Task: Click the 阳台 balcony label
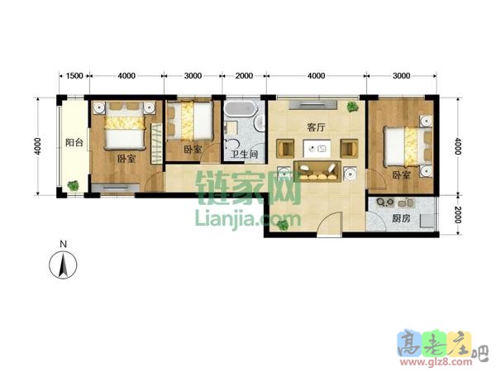[x=74, y=142]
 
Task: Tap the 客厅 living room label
[x=316, y=127]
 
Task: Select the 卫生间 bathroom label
[x=244, y=154]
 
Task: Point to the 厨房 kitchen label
[x=401, y=218]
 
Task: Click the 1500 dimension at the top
[x=74, y=75]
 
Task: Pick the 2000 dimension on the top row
[x=244, y=75]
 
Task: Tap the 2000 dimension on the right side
[x=457, y=214]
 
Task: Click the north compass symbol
[x=63, y=265]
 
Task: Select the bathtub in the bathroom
[x=240, y=108]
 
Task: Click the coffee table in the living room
[x=317, y=148]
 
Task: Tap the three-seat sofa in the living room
[x=317, y=171]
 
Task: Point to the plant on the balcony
[x=73, y=185]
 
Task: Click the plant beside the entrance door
[x=283, y=225]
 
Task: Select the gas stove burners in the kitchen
[x=384, y=203]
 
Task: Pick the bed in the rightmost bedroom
[x=408, y=146]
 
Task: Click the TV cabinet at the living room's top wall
[x=312, y=105]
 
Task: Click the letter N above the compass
[x=64, y=244]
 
